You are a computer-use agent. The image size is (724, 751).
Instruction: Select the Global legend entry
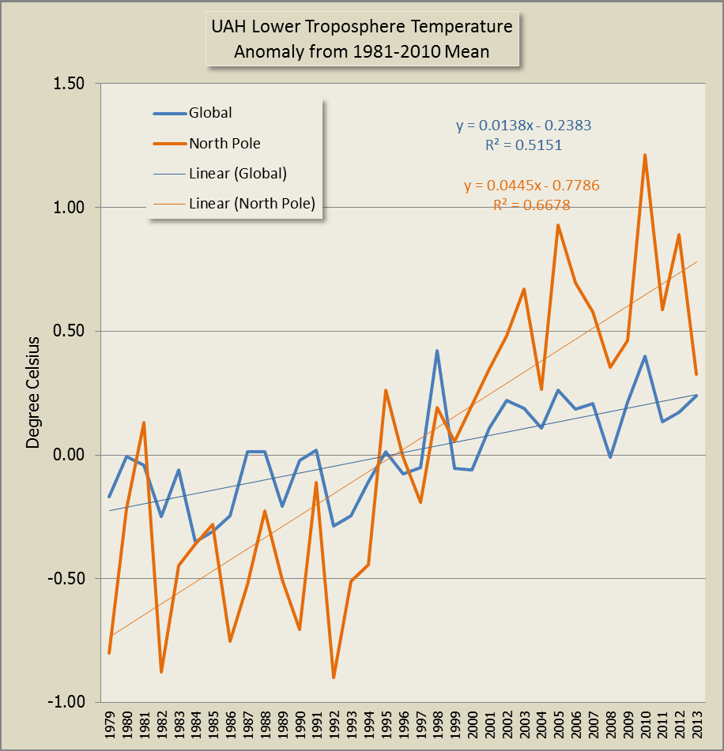[210, 113]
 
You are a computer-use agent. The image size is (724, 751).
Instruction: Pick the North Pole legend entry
[224, 144]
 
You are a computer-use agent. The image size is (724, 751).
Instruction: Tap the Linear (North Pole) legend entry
[252, 204]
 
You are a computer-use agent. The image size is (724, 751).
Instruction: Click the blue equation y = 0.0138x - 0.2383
[523, 125]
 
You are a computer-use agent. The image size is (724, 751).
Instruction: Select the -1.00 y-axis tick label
[70, 702]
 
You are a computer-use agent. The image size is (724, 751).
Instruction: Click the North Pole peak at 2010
[645, 155]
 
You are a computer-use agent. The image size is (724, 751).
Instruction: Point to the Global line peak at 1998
[437, 351]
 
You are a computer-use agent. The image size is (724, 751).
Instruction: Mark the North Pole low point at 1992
[334, 678]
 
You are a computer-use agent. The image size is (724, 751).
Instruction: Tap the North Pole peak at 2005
[558, 225]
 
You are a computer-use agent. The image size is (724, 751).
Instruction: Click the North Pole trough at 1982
[161, 672]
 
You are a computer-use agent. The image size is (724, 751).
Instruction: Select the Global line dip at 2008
[610, 457]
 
